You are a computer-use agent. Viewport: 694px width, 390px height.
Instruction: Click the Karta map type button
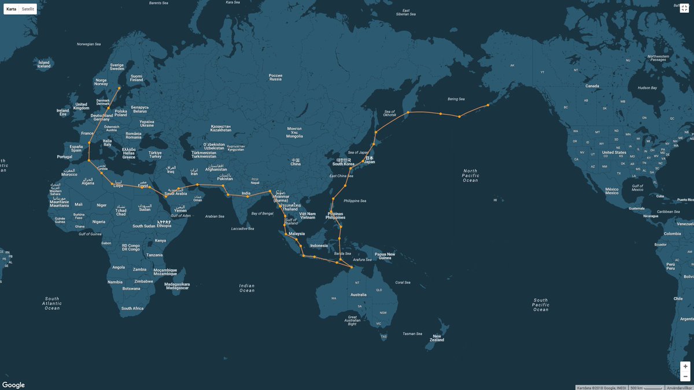point(12,9)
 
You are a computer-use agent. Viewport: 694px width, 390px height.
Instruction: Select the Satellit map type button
point(28,9)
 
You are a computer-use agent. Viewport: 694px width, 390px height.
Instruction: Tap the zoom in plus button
point(685,366)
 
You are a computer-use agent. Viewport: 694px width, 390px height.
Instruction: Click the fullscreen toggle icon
point(685,7)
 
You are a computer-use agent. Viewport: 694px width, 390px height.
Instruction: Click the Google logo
point(13,385)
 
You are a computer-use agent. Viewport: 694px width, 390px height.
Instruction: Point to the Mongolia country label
point(295,133)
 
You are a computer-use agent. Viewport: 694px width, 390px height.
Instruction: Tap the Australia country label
point(359,295)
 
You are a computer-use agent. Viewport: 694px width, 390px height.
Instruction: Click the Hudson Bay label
point(647,88)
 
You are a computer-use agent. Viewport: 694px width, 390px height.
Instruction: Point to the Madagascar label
point(177,285)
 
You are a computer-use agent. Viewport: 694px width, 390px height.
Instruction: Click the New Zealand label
point(437,338)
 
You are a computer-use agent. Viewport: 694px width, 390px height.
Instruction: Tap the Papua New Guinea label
point(385,256)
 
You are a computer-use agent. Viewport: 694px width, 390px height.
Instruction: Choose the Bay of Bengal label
point(263,214)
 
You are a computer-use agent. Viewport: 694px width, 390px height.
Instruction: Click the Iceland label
point(44,64)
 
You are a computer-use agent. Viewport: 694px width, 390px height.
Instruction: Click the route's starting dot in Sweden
point(120,88)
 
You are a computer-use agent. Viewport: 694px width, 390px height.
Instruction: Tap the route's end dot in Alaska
point(488,105)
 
